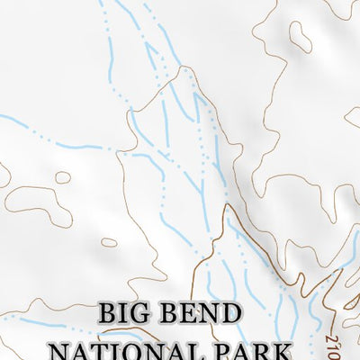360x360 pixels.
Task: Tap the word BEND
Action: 203,315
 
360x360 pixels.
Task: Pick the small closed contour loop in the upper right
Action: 301,37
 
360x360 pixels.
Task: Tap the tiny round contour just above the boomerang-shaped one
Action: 62,177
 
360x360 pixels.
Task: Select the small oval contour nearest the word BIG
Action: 109,242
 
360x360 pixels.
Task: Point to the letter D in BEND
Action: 231,315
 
